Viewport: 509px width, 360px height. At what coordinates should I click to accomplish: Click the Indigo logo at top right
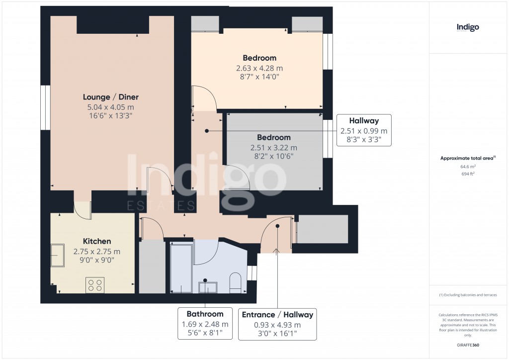coord(468,28)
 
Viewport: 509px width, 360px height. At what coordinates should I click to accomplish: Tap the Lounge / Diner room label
coord(110,97)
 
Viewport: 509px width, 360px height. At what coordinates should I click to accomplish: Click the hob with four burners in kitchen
coord(94,284)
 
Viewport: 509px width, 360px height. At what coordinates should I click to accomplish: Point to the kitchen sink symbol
coord(57,255)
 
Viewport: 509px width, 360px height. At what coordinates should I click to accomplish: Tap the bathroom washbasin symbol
coord(208,287)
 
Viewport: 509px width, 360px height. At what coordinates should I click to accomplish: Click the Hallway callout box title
coord(364,121)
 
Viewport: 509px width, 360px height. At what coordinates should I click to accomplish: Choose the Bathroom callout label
coord(205,314)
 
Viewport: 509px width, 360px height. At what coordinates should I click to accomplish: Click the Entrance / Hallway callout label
coord(277,315)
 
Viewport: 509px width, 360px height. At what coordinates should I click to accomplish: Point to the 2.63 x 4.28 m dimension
coord(259,68)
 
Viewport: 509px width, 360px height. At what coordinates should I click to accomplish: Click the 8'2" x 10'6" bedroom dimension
coord(273,156)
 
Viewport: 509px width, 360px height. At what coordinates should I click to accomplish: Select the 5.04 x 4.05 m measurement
coord(110,107)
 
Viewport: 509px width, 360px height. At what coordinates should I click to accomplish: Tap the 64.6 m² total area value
coord(468,167)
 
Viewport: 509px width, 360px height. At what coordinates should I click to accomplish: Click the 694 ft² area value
coord(468,175)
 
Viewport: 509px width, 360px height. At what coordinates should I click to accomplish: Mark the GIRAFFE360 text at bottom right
coord(468,345)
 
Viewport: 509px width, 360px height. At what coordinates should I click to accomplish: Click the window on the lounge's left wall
coord(45,108)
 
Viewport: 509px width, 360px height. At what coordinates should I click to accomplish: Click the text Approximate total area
coord(467,159)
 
